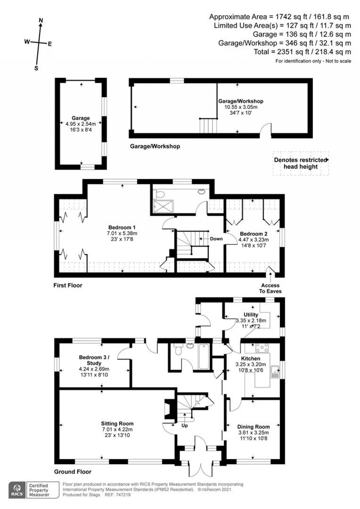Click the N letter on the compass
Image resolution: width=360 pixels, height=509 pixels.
click(x=41, y=21)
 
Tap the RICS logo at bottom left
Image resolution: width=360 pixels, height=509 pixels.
click(x=17, y=489)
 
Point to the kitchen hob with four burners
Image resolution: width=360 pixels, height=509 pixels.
click(x=262, y=348)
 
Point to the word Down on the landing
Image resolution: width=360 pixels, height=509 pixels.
click(x=216, y=238)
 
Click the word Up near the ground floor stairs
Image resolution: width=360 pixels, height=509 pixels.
click(x=185, y=426)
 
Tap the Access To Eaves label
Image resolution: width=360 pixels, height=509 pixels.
click(x=270, y=288)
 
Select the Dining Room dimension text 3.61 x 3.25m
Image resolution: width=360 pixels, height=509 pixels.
click(x=253, y=433)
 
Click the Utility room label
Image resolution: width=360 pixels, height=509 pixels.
click(x=251, y=314)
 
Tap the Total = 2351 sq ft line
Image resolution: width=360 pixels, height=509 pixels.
click(x=302, y=52)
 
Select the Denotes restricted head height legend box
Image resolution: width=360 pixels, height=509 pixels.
click(x=301, y=163)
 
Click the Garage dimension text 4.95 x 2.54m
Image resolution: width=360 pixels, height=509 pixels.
click(x=81, y=124)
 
